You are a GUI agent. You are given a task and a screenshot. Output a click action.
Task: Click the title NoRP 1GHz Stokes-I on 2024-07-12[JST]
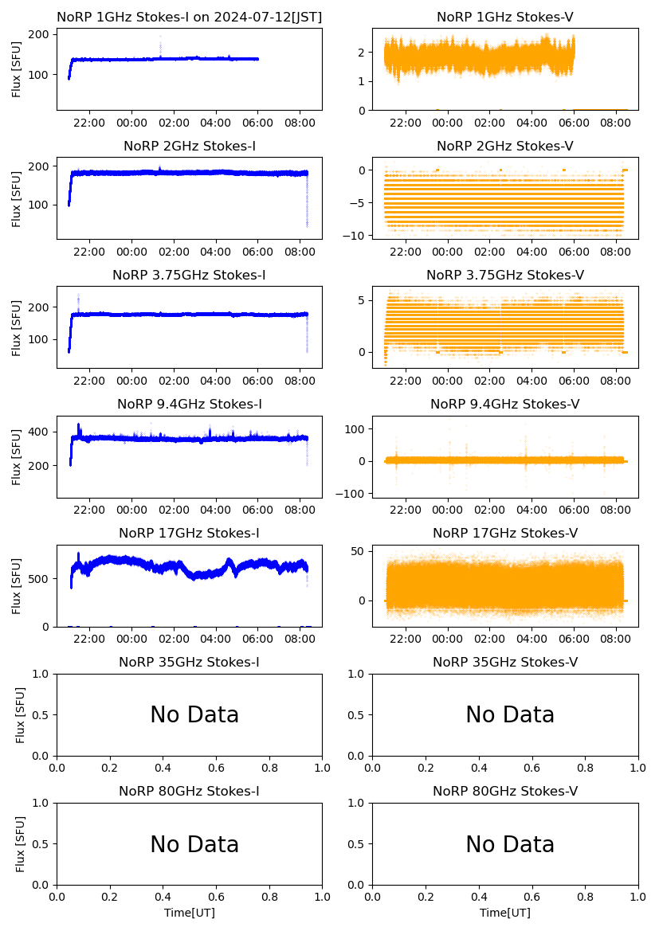[x=190, y=17]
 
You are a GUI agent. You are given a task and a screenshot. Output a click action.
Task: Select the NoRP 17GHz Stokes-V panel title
[x=505, y=533]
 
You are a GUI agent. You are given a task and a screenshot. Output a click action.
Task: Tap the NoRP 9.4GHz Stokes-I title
[x=190, y=404]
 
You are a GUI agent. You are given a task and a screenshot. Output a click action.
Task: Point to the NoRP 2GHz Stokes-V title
[x=505, y=146]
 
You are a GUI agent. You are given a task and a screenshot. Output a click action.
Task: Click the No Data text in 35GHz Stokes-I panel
[x=194, y=715]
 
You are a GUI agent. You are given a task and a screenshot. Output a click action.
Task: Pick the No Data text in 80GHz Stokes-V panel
[x=510, y=844]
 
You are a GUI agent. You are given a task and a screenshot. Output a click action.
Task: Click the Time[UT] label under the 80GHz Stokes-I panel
[x=190, y=913]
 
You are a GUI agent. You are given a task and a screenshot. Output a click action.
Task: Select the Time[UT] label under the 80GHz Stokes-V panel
[x=505, y=913]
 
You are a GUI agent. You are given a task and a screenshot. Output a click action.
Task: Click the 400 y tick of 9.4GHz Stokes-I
[x=41, y=432]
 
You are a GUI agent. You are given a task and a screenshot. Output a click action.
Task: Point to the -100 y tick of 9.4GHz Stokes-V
[x=351, y=495]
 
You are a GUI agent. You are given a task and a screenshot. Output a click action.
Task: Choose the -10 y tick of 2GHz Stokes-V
[x=355, y=236]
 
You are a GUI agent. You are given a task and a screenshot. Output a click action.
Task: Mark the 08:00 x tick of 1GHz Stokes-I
[x=300, y=123]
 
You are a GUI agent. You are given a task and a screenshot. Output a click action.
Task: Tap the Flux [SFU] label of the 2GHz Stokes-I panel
[x=17, y=198]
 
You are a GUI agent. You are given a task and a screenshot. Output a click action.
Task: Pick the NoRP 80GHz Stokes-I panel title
[x=190, y=791]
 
